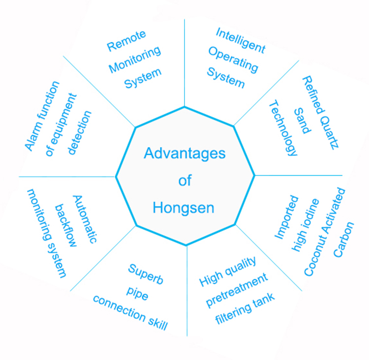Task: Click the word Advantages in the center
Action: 184,153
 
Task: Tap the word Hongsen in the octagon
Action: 184,208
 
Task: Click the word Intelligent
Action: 241,40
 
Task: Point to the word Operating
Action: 233,59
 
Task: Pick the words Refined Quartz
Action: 322,113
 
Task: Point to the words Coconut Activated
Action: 325,231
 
